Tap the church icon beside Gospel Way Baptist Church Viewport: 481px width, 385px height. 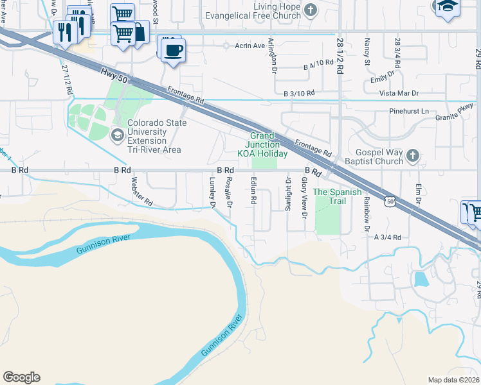414,155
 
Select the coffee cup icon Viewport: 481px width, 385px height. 172,50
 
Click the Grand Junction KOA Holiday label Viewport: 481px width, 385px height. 262,144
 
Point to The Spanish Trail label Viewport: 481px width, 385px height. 329,196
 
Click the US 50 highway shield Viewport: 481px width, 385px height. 390,201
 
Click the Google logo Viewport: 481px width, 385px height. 21,377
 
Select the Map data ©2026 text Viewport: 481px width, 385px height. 453,380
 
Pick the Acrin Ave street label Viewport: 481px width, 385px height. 250,46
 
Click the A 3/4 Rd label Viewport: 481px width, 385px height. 388,237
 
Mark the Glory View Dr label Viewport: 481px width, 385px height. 304,196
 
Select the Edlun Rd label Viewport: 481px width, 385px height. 254,191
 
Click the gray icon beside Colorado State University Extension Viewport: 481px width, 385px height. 118,134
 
